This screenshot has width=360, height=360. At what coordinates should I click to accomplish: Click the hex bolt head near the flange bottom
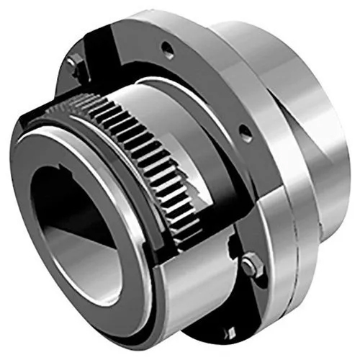click(250, 266)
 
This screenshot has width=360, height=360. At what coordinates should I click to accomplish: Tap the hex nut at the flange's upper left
click(72, 63)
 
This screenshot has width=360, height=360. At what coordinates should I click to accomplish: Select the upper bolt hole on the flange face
click(168, 50)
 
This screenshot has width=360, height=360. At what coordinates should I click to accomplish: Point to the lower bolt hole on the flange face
click(245, 132)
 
